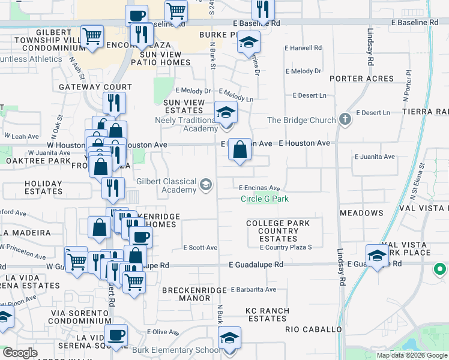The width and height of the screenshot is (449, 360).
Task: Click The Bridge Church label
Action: (301, 120)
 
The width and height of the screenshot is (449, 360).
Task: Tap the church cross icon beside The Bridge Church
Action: (345, 119)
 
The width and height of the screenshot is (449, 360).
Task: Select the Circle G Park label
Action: (265, 199)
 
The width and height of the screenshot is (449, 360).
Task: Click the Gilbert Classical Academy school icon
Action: (206, 184)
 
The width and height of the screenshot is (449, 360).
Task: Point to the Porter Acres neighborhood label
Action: (361, 79)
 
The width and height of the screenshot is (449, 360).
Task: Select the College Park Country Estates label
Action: (278, 231)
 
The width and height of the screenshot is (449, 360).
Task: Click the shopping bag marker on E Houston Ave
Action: (240, 151)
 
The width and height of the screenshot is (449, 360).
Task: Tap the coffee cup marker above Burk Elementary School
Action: (116, 335)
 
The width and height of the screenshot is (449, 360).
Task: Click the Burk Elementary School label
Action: (182, 350)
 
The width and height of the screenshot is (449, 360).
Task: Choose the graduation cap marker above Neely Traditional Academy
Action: (226, 112)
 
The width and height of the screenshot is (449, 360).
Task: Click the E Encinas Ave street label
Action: (259, 188)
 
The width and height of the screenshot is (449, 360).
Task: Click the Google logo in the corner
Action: (20, 353)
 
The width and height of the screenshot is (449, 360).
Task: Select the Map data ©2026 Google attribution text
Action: (412, 355)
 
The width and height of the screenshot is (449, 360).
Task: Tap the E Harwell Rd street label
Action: (303, 47)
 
